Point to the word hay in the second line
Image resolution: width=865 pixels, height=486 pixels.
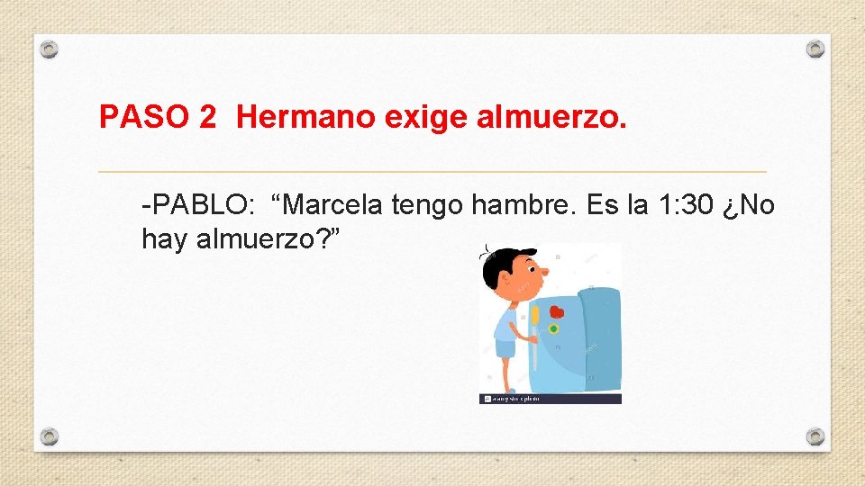coord(163,239)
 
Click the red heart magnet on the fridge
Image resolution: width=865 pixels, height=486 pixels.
coord(556,311)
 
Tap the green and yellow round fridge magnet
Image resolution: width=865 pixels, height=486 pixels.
coord(553,329)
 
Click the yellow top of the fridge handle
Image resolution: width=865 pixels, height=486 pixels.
coord(534,316)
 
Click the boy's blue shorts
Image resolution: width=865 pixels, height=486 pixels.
coord(505,347)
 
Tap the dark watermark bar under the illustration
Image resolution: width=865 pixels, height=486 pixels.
coord(550,398)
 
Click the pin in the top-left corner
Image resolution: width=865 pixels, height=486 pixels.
coord(50,48)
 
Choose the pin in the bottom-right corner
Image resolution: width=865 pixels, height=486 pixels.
coord(815,436)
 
